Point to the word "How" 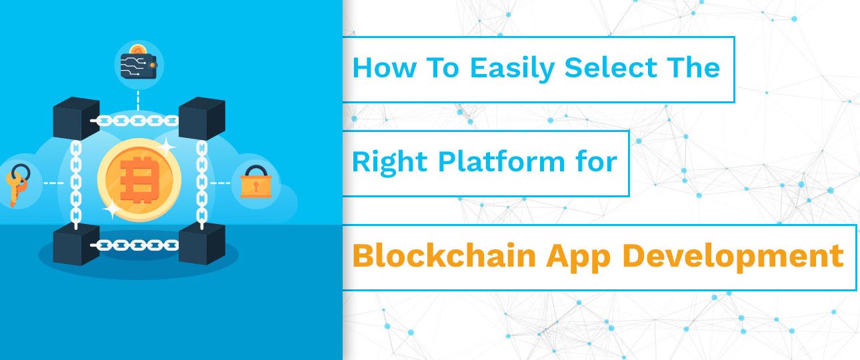coord(384,67)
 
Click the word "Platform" coord(501,161)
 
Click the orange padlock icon coord(256,181)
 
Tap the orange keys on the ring coord(17,185)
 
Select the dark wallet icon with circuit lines coord(139,65)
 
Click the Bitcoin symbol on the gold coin coord(139,179)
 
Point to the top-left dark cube coord(76,118)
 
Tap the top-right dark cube coord(202,118)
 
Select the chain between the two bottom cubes coord(137,245)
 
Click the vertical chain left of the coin coord(75,185)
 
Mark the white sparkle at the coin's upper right coord(166,147)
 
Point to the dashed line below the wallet coord(138,100)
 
